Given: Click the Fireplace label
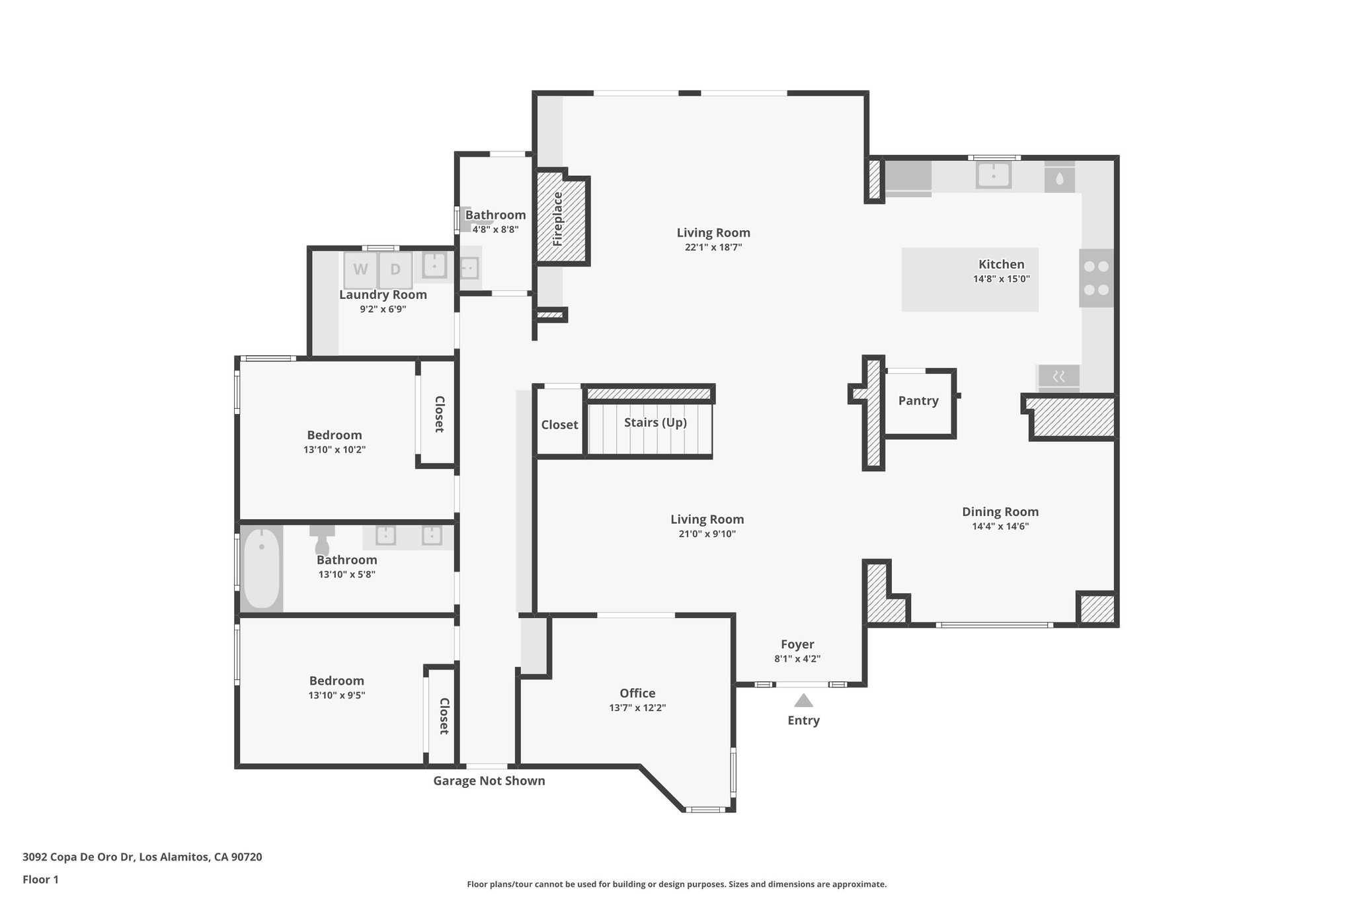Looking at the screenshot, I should point(557,219).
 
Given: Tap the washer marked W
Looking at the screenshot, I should point(360,270).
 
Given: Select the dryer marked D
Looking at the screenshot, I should point(395,270).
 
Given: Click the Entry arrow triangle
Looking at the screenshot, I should point(803,701).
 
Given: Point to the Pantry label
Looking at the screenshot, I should point(918,401).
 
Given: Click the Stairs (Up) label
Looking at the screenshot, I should point(655,422).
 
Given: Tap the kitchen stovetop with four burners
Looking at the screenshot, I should point(1096,278).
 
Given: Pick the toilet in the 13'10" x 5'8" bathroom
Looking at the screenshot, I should point(322,541).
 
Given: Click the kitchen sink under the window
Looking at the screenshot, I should point(994,175).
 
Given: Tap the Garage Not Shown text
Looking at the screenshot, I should point(489,781).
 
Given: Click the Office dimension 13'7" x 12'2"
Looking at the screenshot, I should point(637,708).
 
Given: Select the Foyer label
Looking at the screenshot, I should point(797,644).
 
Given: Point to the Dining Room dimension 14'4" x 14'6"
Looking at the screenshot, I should point(1000,527).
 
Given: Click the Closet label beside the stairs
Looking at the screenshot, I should point(559,425).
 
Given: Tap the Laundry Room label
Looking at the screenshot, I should point(383,295).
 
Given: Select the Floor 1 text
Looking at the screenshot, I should point(40,880).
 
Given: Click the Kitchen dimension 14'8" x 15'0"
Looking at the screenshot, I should point(1001,279).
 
